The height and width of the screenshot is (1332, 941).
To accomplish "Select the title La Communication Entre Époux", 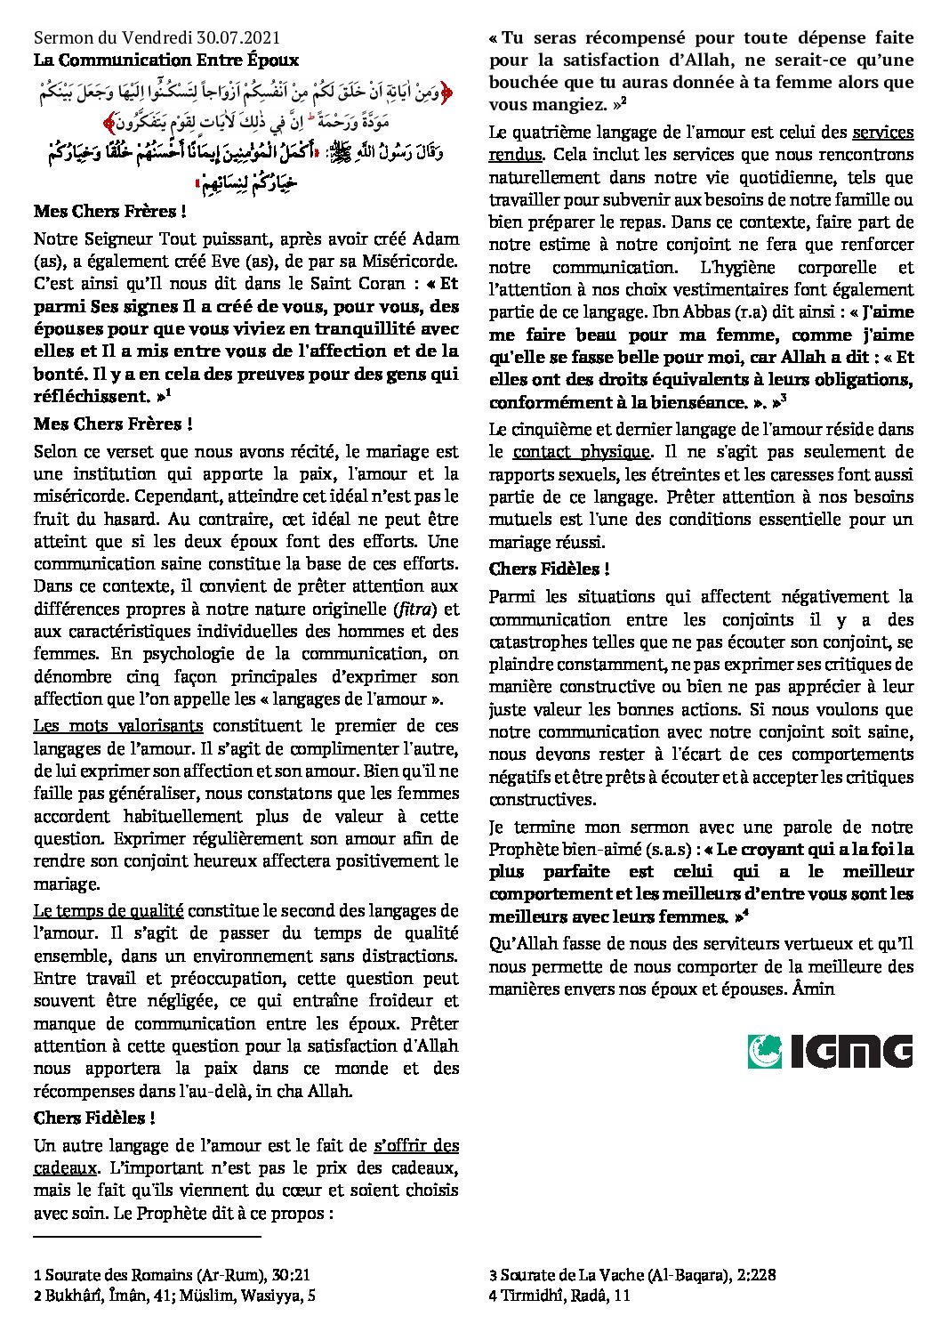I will [x=166, y=61].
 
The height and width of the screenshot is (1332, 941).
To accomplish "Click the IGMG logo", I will [x=830, y=1051].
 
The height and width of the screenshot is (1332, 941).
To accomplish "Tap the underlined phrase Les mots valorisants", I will [x=118, y=726].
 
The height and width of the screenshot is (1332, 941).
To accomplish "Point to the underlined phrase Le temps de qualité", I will [x=109, y=910].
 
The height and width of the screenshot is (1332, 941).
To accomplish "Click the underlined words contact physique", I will [x=582, y=452].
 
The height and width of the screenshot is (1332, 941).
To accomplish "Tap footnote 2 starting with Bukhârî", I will [x=174, y=1296].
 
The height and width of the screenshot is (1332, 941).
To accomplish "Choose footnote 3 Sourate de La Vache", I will [x=631, y=1274].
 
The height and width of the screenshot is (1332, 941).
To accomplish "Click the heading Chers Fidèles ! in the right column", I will [x=549, y=569].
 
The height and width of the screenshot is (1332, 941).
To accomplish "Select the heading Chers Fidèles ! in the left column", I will [x=94, y=1118].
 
